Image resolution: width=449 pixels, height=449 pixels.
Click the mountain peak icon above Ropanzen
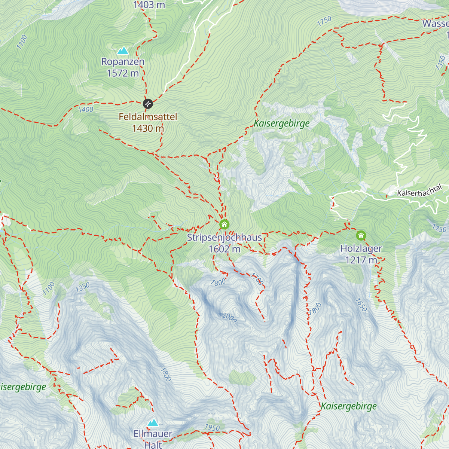coord(123,51)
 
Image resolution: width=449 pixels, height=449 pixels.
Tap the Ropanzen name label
coord(123,62)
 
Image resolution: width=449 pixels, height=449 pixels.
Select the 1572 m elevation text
coord(123,73)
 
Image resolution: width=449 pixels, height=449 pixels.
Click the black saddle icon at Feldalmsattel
coord(148,103)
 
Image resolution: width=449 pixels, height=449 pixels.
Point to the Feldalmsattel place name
coord(148,117)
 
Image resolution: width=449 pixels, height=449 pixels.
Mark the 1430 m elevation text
coord(148,128)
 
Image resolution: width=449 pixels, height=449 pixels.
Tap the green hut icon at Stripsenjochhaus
coord(224,224)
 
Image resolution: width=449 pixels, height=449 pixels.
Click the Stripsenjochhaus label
coord(224,238)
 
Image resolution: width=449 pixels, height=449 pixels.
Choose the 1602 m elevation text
coord(224,249)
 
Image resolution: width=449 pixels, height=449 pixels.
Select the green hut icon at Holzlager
coord(361,235)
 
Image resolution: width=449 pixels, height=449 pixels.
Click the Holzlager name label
coord(361,248)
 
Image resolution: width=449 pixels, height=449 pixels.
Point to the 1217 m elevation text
coord(361,260)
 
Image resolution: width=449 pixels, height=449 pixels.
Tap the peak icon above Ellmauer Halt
coord(153,423)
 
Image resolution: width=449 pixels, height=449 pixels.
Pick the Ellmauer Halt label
coord(153,439)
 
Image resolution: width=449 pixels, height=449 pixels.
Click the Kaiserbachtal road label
coord(419,191)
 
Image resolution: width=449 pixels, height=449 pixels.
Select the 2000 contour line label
coord(229,317)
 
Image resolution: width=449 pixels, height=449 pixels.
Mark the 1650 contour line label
coord(361,305)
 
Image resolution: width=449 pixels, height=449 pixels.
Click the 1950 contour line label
coord(212,427)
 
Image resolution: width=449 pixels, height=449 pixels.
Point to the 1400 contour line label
coord(86,110)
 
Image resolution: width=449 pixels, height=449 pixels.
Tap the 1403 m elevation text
coord(149,5)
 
